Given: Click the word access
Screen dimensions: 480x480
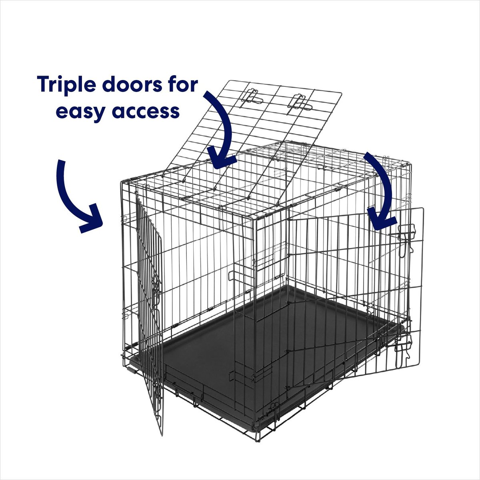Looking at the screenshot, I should pos(146,112).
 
